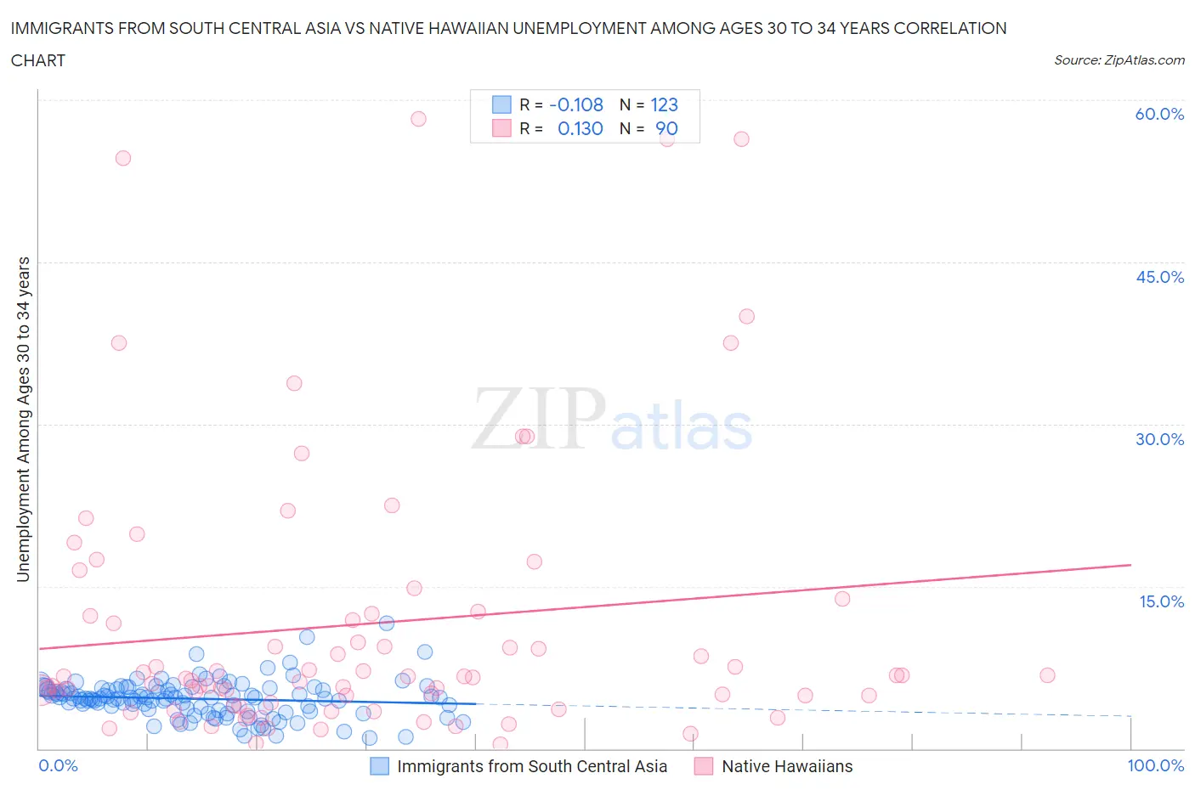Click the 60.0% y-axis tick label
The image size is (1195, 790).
click(x=1159, y=114)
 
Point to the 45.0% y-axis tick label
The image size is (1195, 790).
click(x=1159, y=277)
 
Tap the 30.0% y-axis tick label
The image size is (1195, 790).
click(x=1159, y=439)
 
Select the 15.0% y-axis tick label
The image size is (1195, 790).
click(x=1161, y=601)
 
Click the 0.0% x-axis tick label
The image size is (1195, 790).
click(x=58, y=765)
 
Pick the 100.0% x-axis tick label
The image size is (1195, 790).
click(x=1155, y=765)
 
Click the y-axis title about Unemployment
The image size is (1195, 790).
click(x=23, y=419)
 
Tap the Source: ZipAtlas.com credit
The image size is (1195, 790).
click(x=1119, y=60)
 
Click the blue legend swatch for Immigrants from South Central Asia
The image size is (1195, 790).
click(x=379, y=766)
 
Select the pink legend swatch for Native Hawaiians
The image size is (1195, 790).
click(x=703, y=766)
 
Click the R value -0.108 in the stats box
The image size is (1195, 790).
click(x=576, y=104)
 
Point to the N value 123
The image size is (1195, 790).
click(x=664, y=104)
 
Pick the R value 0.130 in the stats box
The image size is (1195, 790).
click(x=580, y=128)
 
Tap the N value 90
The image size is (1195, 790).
click(x=666, y=128)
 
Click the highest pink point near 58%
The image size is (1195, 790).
click(x=418, y=119)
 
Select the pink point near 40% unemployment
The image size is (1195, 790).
click(x=746, y=316)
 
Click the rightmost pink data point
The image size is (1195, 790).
click(x=1047, y=675)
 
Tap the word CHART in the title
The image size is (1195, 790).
click(x=38, y=60)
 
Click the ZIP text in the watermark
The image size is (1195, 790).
click(x=538, y=419)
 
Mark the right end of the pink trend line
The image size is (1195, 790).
click(x=1130, y=565)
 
